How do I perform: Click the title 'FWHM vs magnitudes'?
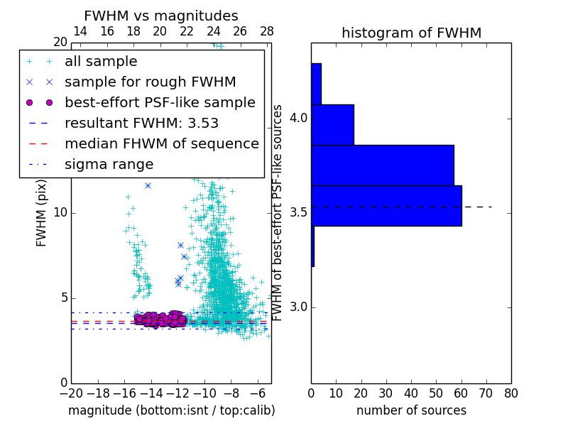point(160,16)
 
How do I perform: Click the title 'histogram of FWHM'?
point(411,33)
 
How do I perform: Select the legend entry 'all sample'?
point(101,62)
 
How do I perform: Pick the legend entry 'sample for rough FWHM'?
point(150,82)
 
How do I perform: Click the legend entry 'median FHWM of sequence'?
point(161,143)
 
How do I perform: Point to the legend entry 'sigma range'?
point(109,164)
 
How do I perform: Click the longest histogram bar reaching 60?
point(386,205)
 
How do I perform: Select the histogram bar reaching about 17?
point(332,124)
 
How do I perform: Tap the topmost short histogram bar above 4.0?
point(316,84)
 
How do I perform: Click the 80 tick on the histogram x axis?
point(510,393)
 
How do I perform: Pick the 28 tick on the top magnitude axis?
point(267,32)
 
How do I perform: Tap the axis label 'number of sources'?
point(411,410)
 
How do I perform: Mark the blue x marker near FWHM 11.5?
point(148,185)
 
